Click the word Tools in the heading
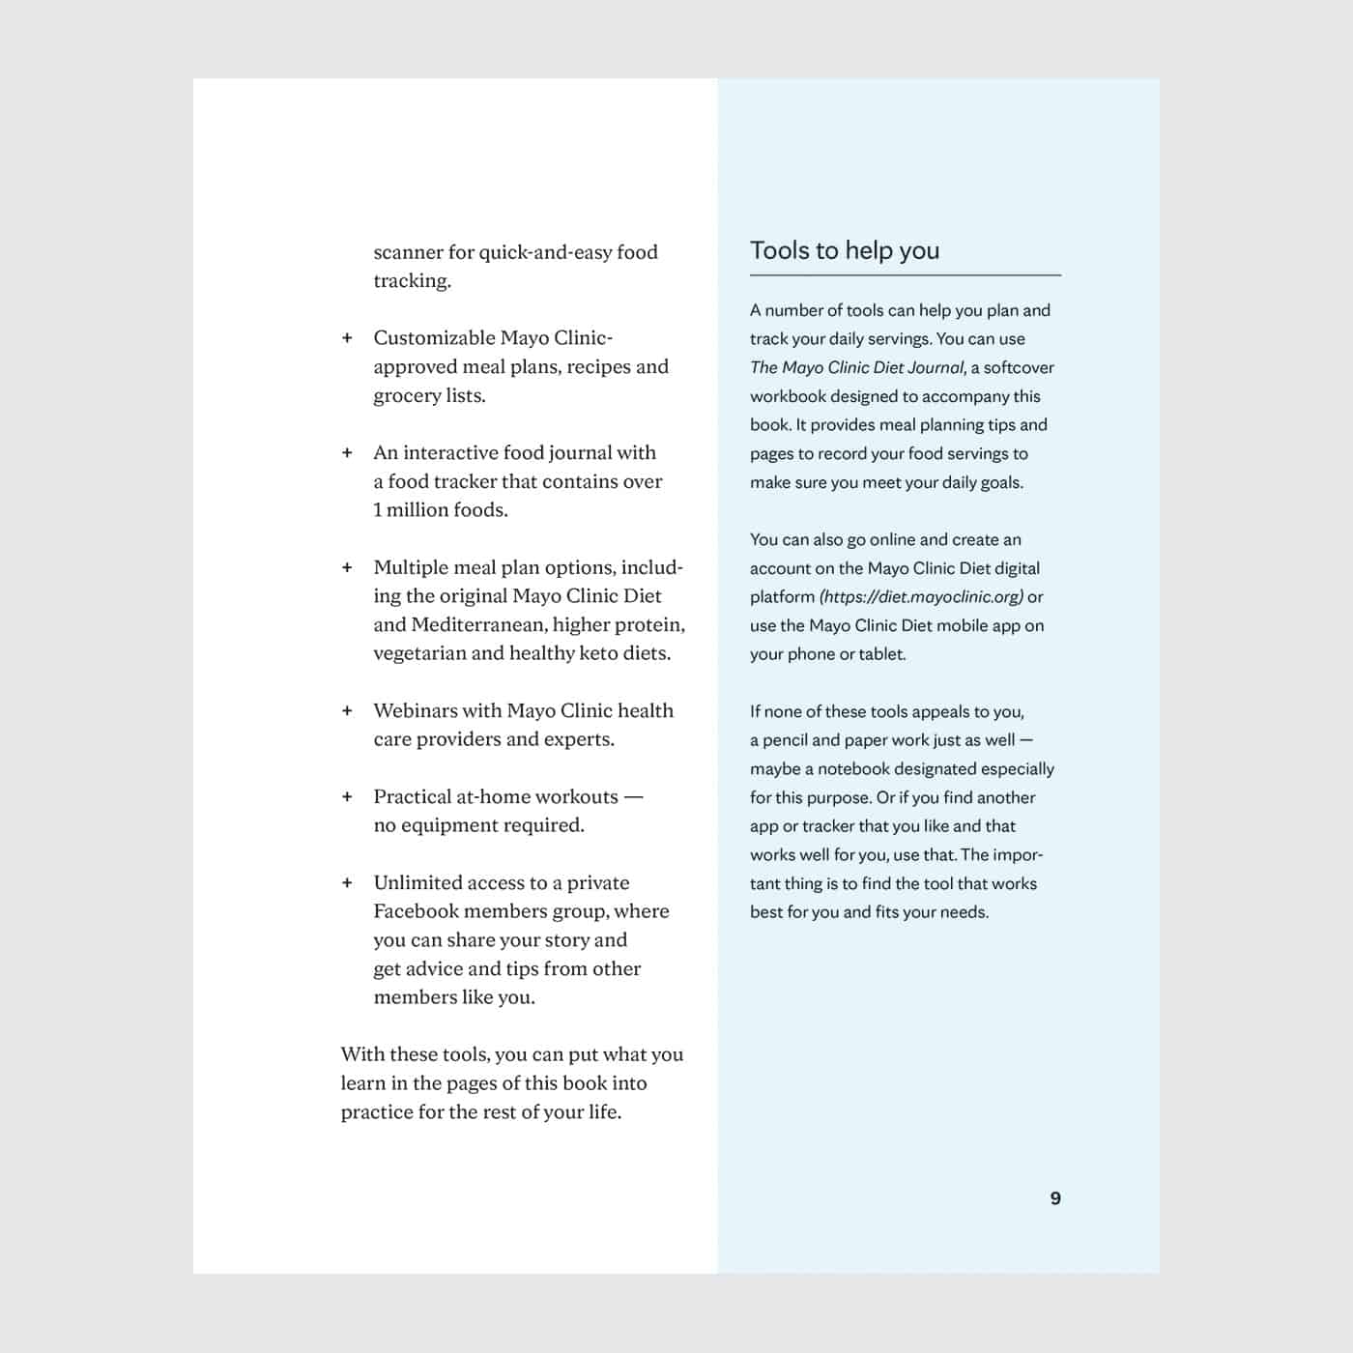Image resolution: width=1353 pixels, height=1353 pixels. [x=781, y=250]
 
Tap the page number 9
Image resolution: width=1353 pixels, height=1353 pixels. [x=1055, y=1198]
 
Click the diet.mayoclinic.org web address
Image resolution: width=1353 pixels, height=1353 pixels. [x=921, y=597]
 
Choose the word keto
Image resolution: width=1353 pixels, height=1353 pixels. [x=597, y=653]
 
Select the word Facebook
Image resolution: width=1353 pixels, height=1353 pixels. [x=416, y=911]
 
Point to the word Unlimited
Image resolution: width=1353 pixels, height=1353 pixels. [x=417, y=883]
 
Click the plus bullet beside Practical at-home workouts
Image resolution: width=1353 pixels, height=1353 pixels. [x=347, y=797]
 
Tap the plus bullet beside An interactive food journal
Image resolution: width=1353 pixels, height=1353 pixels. [x=347, y=453]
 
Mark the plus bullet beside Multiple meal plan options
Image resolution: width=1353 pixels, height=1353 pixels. [x=347, y=568]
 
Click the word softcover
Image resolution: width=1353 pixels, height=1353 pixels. [x=1019, y=368]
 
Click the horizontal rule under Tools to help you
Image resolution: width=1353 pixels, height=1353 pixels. [x=905, y=275]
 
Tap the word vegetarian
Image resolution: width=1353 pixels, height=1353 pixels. [x=418, y=653]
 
